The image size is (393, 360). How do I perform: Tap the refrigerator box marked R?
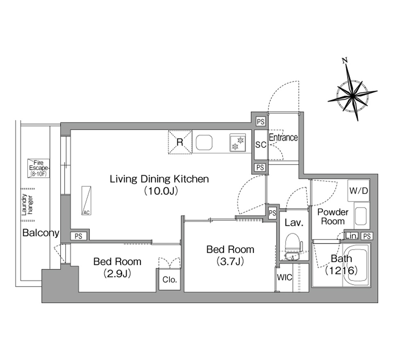tap(180, 142)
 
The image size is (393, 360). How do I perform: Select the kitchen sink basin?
tap(204, 142)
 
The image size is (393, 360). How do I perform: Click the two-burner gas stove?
tap(237, 143)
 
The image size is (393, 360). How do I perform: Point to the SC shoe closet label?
tap(261, 144)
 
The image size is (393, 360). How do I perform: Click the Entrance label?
tap(283, 137)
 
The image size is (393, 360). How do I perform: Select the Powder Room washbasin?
tap(361, 216)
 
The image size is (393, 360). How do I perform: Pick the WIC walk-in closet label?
tap(285, 277)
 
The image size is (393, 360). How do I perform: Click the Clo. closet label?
tap(169, 279)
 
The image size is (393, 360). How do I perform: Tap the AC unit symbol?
tap(86, 201)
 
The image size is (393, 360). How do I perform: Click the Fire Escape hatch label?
tap(38, 168)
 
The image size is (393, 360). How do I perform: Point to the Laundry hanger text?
tap(27, 205)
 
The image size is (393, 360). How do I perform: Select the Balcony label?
tap(41, 233)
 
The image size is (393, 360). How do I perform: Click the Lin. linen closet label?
tap(351, 236)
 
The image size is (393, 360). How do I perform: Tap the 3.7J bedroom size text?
tap(230, 262)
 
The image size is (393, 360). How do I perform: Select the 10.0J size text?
tap(160, 191)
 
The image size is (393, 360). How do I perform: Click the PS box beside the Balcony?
tap(79, 236)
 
